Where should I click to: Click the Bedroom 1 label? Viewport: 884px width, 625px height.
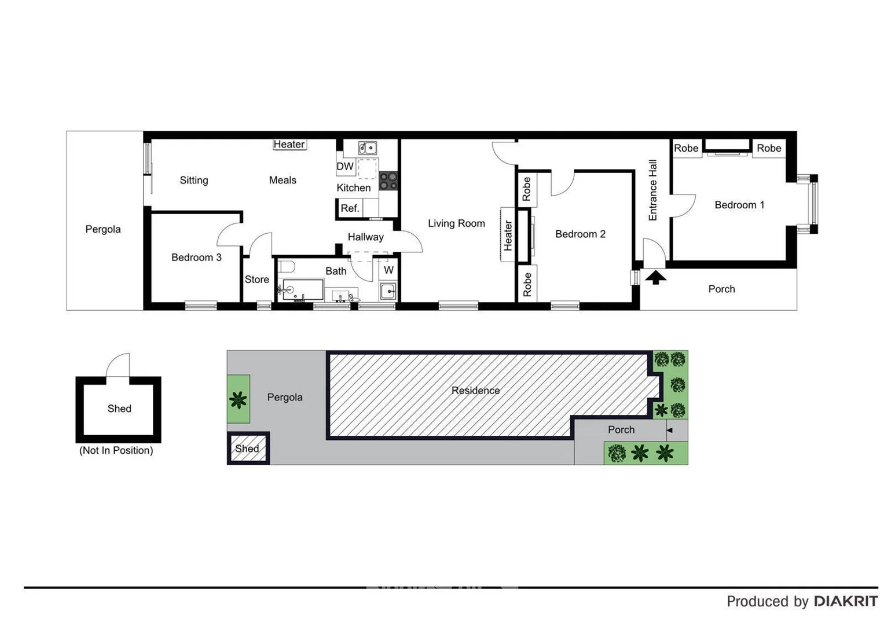pyautogui.click(x=739, y=205)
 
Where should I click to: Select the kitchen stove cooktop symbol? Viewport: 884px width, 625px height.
pyautogui.click(x=388, y=181)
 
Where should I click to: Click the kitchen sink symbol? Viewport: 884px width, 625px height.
pyautogui.click(x=367, y=148)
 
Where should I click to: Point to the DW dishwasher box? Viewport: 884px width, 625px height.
pyautogui.click(x=345, y=166)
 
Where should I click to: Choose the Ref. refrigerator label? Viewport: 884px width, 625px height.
pyautogui.click(x=350, y=208)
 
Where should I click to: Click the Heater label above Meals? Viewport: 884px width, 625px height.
pyautogui.click(x=289, y=144)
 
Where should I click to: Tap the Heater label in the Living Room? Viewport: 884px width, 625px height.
pyautogui.click(x=508, y=235)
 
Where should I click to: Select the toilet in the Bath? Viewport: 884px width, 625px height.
pyautogui.click(x=287, y=267)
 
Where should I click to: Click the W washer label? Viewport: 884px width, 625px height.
pyautogui.click(x=388, y=270)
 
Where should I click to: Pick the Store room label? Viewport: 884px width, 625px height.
pyautogui.click(x=256, y=280)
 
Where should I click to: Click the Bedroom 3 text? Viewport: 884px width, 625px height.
pyautogui.click(x=196, y=258)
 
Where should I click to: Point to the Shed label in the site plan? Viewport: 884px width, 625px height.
pyautogui.click(x=247, y=448)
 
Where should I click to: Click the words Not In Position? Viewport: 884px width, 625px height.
pyautogui.click(x=116, y=450)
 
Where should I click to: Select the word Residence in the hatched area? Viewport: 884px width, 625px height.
pyautogui.click(x=475, y=391)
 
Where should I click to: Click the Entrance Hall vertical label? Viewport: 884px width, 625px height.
pyautogui.click(x=653, y=190)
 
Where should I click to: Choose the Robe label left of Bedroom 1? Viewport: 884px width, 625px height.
pyautogui.click(x=686, y=148)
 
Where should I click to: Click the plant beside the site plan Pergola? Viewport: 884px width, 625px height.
pyautogui.click(x=238, y=399)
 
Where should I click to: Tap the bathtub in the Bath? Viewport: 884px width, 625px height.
pyautogui.click(x=302, y=289)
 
